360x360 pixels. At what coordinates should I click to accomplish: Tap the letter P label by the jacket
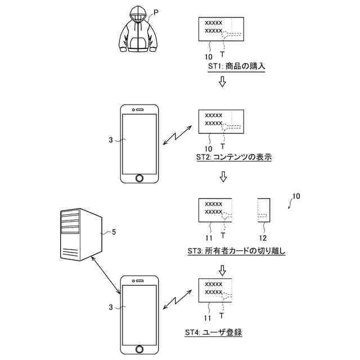[156, 11]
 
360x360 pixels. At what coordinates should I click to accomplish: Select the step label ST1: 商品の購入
[236, 66]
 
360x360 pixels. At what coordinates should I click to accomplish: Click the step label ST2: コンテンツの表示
[234, 157]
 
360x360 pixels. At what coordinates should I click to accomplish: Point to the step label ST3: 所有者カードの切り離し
[236, 251]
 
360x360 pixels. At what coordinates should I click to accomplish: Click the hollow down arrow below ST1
[222, 82]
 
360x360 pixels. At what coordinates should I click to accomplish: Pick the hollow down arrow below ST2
[223, 177]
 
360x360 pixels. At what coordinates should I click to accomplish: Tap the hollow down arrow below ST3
[222, 270]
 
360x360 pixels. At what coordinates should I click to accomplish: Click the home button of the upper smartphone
[139, 178]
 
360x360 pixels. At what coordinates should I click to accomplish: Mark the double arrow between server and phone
[106, 274]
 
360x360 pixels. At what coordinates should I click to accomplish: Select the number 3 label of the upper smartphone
[111, 138]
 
